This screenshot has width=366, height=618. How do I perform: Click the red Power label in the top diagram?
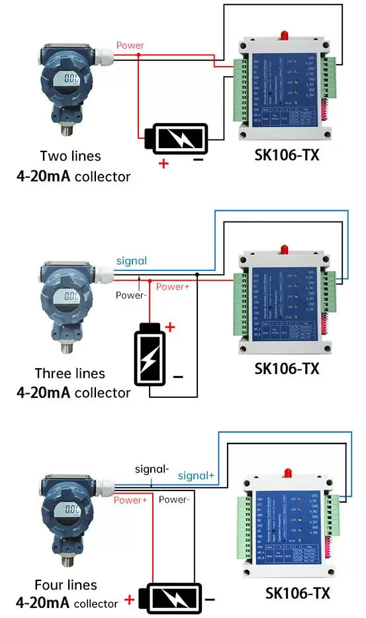click(130, 46)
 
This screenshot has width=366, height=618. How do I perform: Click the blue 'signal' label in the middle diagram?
click(132, 261)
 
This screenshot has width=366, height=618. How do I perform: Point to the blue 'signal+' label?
click(196, 475)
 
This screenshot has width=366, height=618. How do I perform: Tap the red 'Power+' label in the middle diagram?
click(173, 287)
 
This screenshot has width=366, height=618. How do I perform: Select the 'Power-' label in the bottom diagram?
click(174, 500)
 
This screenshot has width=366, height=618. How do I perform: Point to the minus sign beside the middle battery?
click(177, 376)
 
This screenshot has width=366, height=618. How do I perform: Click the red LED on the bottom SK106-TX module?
click(289, 471)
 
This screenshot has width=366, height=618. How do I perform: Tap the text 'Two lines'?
click(71, 157)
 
